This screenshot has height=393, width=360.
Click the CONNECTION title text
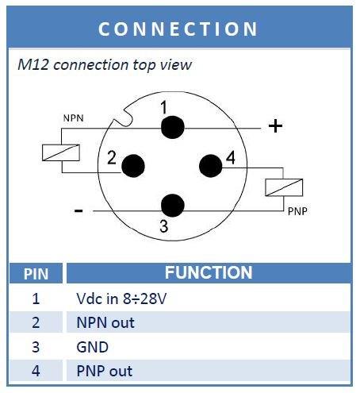(x=178, y=29)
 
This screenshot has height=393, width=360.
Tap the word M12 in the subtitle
(x=33, y=64)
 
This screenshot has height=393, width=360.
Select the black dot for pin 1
(x=173, y=127)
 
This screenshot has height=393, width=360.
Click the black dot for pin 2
(x=133, y=166)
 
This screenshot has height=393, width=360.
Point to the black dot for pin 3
(x=173, y=206)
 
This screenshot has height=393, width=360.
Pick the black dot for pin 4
(x=211, y=166)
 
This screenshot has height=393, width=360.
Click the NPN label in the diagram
(x=74, y=118)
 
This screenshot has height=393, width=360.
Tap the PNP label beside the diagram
(x=297, y=211)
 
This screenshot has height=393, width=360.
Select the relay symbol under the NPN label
(x=61, y=152)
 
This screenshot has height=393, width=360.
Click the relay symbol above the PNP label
(x=284, y=187)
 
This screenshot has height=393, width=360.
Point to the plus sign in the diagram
(x=275, y=126)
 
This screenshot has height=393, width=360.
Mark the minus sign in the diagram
(x=79, y=211)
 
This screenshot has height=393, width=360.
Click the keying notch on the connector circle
(x=124, y=118)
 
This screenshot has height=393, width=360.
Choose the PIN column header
(x=36, y=274)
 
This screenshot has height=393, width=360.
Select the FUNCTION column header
(x=209, y=272)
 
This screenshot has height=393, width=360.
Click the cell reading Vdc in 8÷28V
(x=121, y=299)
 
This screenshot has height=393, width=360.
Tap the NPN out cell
(x=105, y=322)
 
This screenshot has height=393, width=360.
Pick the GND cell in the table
(x=92, y=347)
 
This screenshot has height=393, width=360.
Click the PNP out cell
(x=105, y=371)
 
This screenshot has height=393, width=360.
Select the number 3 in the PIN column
(x=36, y=347)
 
